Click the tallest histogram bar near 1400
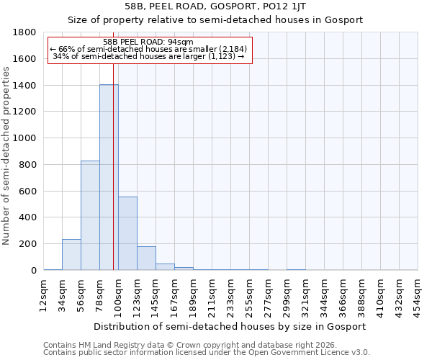109,177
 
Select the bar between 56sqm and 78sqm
90,215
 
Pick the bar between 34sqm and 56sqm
71,255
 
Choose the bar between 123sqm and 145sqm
146,258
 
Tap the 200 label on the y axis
30,244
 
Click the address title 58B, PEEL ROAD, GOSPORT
216,6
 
